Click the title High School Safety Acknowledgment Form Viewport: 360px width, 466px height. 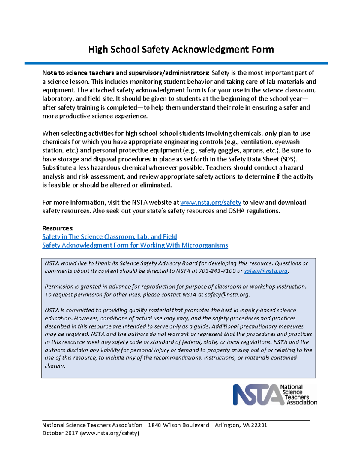point(181,49)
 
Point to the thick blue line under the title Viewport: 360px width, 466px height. point(176,63)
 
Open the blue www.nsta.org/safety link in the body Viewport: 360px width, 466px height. point(211,203)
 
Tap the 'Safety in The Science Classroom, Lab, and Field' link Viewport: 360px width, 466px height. point(109,237)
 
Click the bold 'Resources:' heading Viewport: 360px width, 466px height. point(58,228)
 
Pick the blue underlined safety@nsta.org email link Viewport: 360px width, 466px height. point(266,271)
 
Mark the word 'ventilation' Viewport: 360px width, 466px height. point(256,142)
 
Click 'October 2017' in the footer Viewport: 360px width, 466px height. point(60,433)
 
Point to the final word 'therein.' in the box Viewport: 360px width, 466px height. point(55,366)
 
